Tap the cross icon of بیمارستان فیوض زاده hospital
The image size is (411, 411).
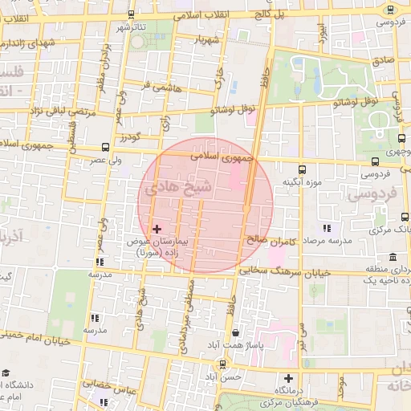click(x=157, y=230)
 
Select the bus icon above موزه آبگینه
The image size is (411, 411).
click(x=303, y=169)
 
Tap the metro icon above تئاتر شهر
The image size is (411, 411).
click(x=131, y=14)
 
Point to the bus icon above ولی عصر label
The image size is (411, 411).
click(x=106, y=147)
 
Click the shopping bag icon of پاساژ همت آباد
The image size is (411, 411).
click(x=234, y=332)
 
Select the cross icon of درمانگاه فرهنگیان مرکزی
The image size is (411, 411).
click(x=288, y=378)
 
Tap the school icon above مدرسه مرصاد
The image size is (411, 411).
click(x=324, y=229)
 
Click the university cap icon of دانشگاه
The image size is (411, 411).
click(x=6, y=373)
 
